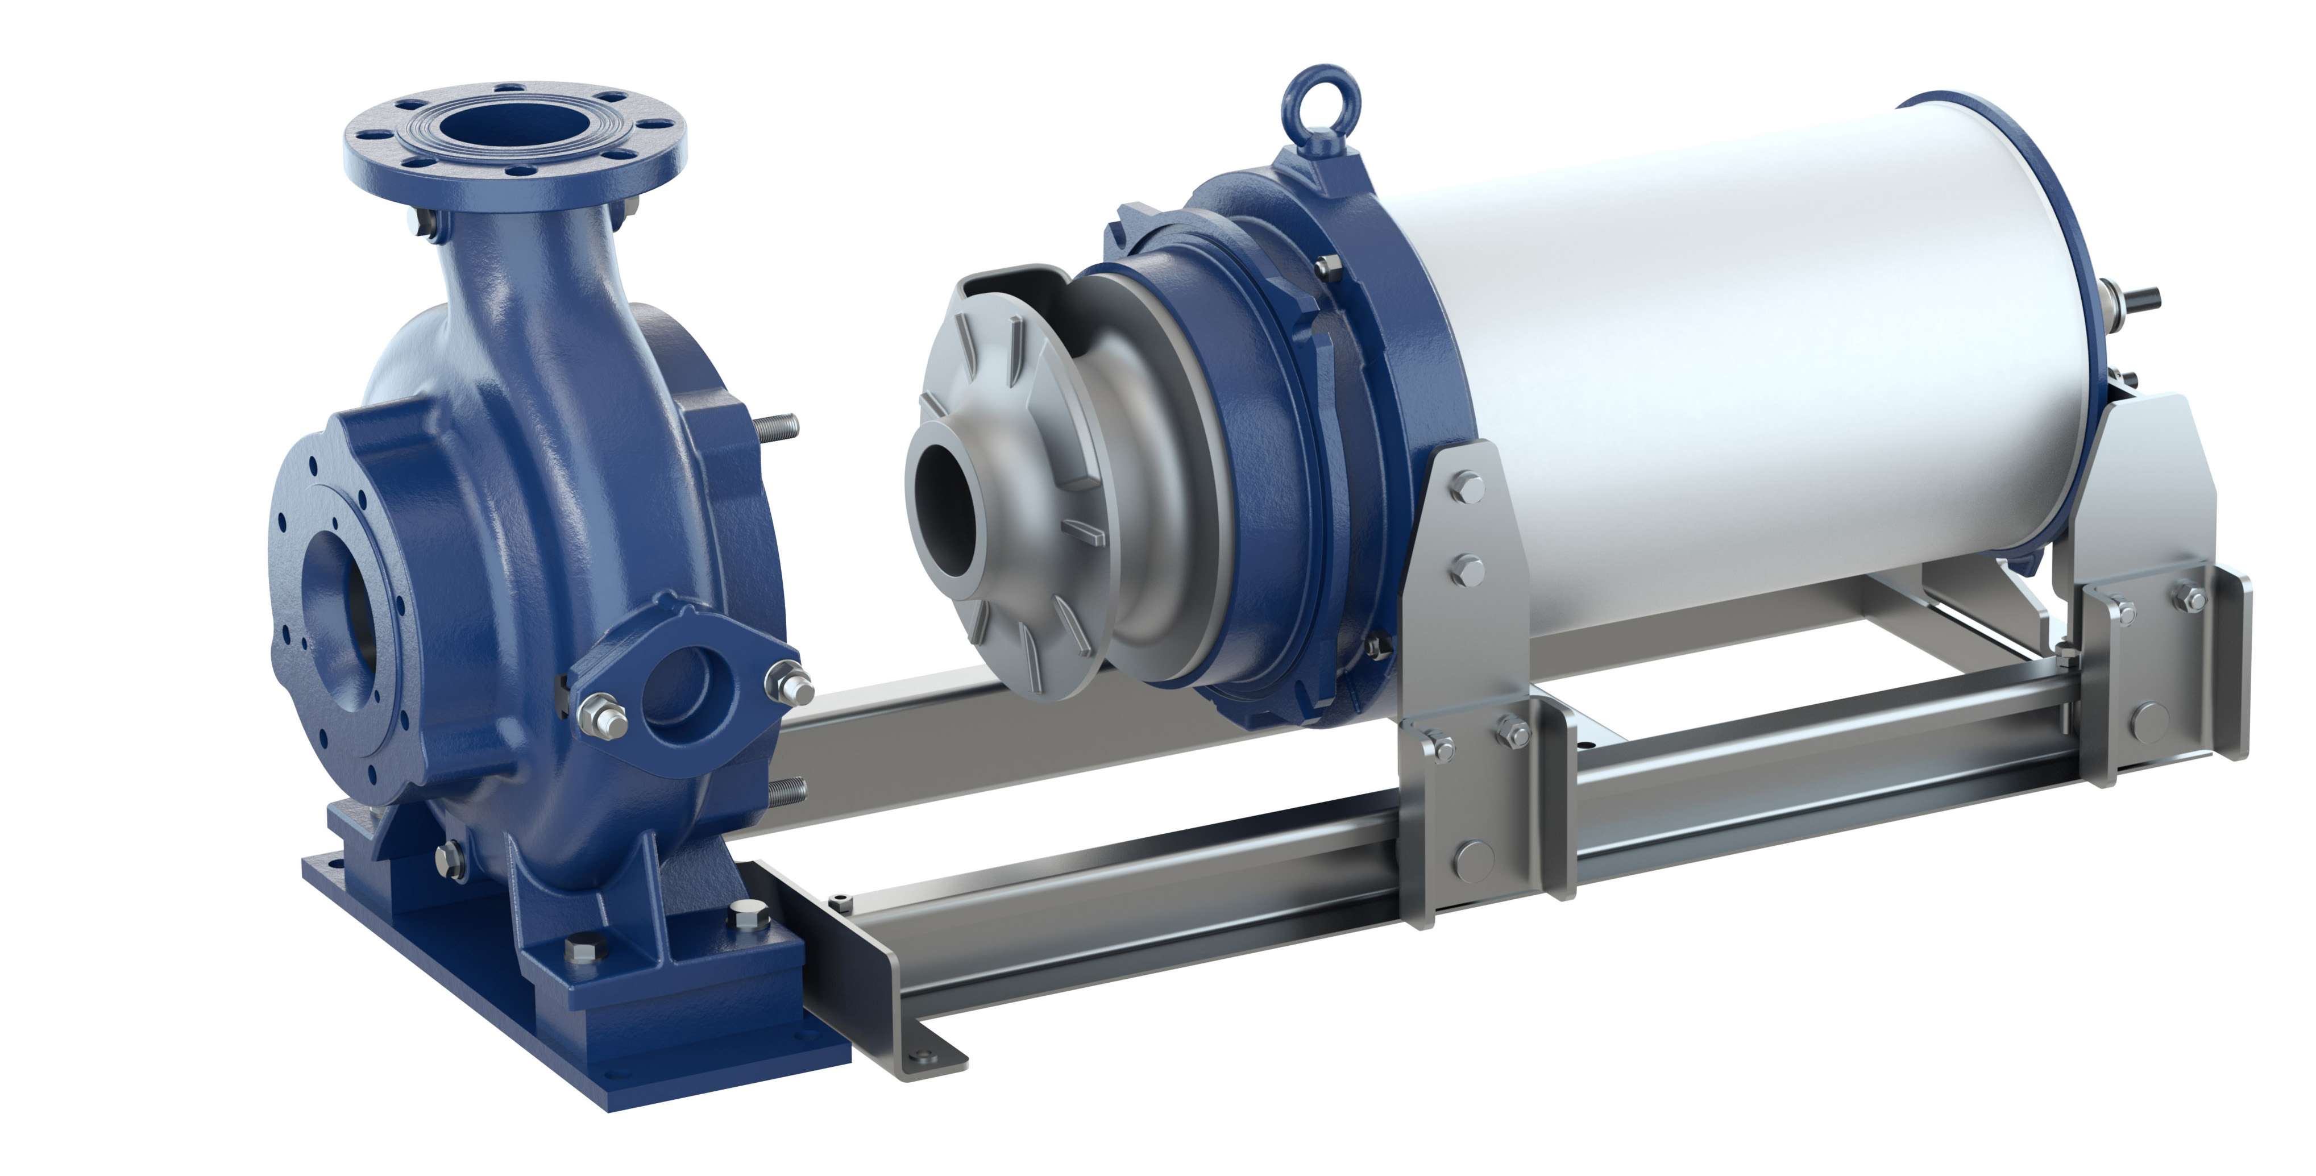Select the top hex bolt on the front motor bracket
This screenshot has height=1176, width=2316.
1467,487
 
